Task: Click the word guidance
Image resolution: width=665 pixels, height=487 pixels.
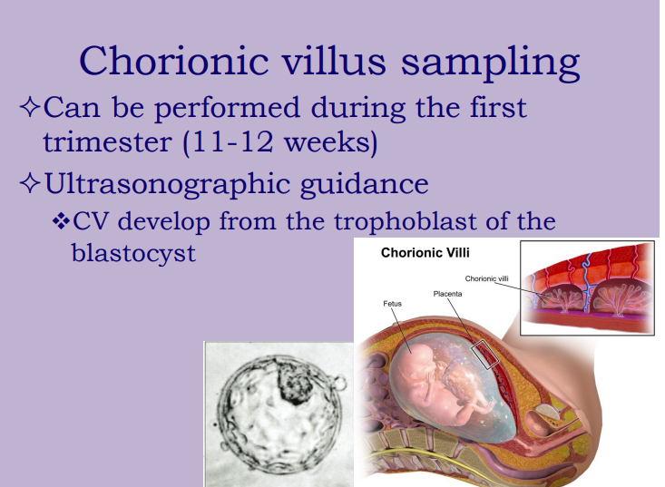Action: pyautogui.click(x=370, y=185)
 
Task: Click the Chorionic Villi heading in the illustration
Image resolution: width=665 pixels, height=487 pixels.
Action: pyautogui.click(x=425, y=253)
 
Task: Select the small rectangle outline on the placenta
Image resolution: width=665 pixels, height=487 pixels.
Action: pyautogui.click(x=485, y=350)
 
